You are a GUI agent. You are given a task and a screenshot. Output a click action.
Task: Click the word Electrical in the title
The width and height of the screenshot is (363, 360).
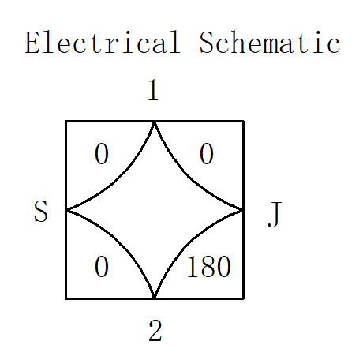[103, 43]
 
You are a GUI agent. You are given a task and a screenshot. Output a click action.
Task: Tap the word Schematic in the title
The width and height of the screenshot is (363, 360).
[270, 43]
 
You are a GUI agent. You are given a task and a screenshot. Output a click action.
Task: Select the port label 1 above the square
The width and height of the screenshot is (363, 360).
[154, 90]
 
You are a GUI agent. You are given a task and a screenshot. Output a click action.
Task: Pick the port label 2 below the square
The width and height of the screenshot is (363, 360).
[155, 331]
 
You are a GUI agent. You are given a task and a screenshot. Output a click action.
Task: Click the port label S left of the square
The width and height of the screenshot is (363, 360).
[41, 211]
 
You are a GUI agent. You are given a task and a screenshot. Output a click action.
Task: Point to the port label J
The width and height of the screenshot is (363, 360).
[275, 214]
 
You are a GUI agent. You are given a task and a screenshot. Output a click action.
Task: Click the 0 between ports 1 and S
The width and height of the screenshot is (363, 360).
[102, 154]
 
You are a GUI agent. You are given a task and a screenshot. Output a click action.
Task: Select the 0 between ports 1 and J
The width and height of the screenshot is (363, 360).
[207, 154]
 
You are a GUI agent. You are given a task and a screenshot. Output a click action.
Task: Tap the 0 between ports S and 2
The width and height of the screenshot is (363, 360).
[102, 267]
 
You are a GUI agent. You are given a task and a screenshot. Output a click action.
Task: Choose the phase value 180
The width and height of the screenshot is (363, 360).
[209, 267]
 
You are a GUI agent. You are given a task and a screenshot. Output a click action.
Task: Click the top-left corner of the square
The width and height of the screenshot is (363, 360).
[65, 122]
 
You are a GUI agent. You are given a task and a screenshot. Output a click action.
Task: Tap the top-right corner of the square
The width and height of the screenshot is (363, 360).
[244, 122]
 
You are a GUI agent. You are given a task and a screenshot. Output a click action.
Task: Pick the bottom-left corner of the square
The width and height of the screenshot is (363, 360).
[65, 298]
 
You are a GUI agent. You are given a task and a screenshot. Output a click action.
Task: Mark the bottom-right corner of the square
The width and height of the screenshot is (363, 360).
[244, 298]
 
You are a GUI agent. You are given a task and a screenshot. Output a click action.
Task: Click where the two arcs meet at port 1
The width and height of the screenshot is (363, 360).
[154, 122]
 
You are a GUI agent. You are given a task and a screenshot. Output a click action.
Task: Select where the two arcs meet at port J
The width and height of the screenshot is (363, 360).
[243, 210]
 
